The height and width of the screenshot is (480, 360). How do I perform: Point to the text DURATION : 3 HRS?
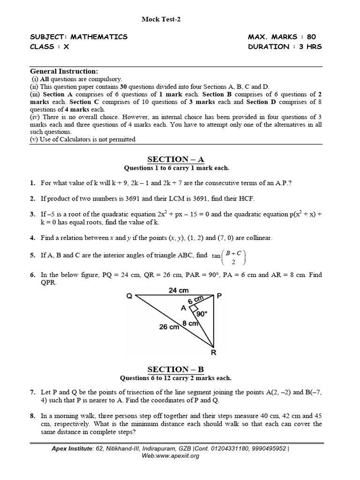(x=285, y=46)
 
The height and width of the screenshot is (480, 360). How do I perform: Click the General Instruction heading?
(x=64, y=71)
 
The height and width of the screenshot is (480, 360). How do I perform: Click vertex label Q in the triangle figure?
(x=128, y=296)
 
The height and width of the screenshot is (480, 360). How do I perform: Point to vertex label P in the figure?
(x=218, y=295)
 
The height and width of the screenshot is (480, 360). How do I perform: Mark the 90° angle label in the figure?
(x=202, y=312)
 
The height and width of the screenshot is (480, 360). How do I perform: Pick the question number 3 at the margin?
(x=32, y=214)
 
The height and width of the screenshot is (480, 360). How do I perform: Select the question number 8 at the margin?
(x=32, y=416)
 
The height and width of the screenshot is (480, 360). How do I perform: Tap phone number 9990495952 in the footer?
(x=266, y=448)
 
